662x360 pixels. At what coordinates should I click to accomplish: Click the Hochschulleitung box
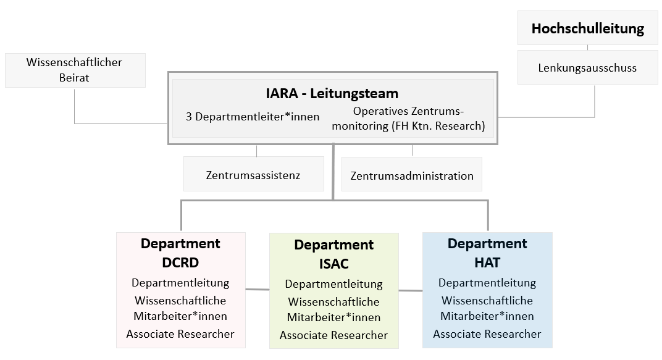(x=588, y=28)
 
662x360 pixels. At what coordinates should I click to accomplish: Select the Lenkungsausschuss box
(x=588, y=67)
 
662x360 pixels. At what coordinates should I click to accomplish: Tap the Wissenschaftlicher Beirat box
(x=75, y=70)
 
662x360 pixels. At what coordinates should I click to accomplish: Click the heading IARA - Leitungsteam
(x=332, y=93)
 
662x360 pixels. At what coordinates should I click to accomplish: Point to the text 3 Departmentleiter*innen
(x=253, y=117)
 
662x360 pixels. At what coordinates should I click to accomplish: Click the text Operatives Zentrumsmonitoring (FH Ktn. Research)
(x=408, y=119)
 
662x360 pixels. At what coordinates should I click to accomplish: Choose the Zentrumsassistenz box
(x=254, y=174)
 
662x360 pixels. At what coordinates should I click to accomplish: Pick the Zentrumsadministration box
(x=412, y=174)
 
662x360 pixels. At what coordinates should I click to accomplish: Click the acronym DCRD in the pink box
(x=180, y=262)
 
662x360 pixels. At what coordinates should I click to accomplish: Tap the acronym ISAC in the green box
(x=334, y=264)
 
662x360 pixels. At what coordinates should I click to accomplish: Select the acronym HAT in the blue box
(x=487, y=262)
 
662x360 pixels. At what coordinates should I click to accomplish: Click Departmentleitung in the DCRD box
(x=180, y=283)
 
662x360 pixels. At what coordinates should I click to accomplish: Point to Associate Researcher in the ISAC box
(x=333, y=335)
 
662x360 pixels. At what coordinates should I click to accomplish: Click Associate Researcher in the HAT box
(x=487, y=334)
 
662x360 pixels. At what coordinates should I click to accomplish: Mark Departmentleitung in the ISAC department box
(x=333, y=284)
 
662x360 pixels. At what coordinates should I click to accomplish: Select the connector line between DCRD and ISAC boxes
(x=258, y=290)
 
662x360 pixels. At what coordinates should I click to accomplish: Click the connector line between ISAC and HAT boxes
(x=411, y=290)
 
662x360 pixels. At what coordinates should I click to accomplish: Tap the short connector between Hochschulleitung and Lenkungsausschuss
(x=588, y=48)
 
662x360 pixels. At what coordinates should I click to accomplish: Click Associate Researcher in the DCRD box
(x=180, y=334)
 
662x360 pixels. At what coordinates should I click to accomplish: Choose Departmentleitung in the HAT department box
(x=487, y=283)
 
